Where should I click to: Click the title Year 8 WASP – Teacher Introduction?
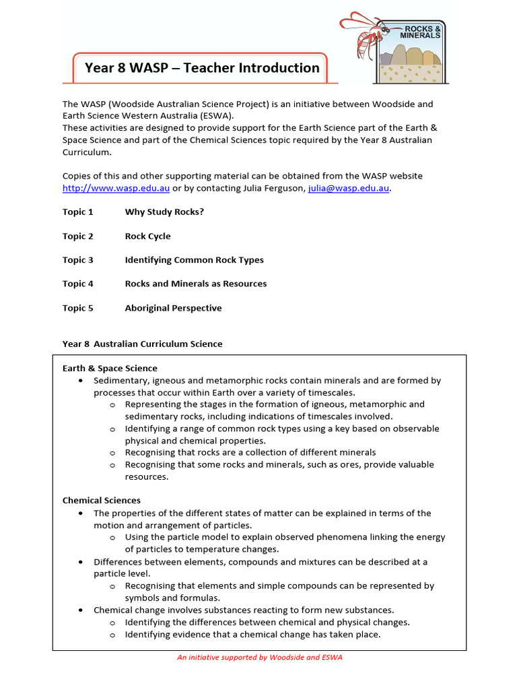click(202, 68)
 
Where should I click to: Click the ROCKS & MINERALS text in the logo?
click(421, 31)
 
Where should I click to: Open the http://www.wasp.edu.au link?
click(116, 188)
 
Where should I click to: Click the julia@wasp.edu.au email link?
click(349, 188)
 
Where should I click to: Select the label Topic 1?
click(78, 212)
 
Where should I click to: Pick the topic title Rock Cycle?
click(147, 237)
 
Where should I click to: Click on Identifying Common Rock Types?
click(194, 260)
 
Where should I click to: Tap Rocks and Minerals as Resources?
click(195, 284)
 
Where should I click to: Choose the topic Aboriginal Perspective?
click(173, 308)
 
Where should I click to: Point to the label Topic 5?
click(78, 308)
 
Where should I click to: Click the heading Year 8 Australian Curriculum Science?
click(142, 344)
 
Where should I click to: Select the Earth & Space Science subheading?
click(110, 369)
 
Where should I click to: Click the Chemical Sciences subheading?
click(102, 501)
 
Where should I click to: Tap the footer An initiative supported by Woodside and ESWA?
click(259, 658)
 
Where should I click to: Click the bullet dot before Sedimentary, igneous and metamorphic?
click(81, 381)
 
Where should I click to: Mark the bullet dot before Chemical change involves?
click(81, 610)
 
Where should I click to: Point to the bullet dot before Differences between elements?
click(81, 561)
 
